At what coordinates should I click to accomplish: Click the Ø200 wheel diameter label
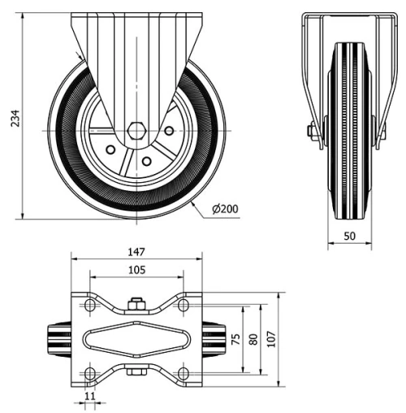tap(224, 209)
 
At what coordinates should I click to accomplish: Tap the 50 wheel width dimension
tap(349, 235)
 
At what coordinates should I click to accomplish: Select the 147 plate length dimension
tap(136, 253)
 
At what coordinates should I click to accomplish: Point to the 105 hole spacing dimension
tap(136, 271)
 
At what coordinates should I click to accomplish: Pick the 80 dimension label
tap(254, 339)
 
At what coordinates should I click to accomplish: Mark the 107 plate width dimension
tap(272, 339)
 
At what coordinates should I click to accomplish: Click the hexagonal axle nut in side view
tap(136, 130)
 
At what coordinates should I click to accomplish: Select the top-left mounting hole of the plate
tap(90, 305)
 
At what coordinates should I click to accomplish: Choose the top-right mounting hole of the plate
tap(184, 305)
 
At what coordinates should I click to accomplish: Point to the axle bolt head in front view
tap(312, 130)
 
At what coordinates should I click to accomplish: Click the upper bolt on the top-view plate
tap(136, 306)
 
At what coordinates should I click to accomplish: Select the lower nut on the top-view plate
tap(136, 373)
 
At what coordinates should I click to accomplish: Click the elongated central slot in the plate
tap(136, 339)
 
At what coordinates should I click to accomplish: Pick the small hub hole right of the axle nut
tap(169, 130)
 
